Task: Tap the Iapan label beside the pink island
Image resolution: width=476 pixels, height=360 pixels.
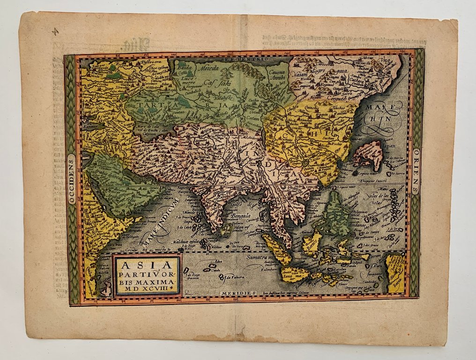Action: (x=387, y=146)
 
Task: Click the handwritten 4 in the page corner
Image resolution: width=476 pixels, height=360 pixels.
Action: (x=56, y=31)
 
